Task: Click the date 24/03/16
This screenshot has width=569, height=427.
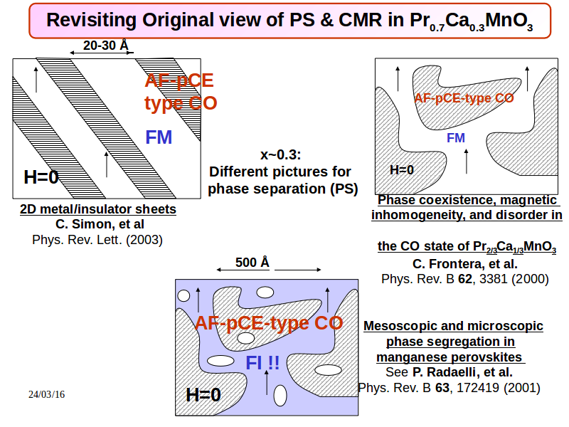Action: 46,394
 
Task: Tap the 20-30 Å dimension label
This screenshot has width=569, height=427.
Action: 105,46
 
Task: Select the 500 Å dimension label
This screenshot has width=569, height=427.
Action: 252,262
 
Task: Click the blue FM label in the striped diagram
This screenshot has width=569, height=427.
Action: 159,137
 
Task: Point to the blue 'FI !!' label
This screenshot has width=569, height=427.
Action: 262,362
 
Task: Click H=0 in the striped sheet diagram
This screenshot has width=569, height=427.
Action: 41,177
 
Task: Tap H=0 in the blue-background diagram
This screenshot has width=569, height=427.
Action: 203,395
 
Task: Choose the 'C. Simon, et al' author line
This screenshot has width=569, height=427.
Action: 100,224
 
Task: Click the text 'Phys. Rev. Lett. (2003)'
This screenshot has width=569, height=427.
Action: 97,240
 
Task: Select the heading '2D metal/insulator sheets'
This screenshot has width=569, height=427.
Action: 98,209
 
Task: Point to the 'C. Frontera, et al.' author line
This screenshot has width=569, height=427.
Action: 465,264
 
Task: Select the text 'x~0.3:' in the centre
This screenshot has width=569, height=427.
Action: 280,154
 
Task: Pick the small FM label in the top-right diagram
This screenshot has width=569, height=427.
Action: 456,138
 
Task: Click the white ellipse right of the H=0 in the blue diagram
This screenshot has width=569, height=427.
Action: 280,396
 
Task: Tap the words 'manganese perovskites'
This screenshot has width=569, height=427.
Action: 450,357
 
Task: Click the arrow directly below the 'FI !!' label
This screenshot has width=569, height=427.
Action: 267,382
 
